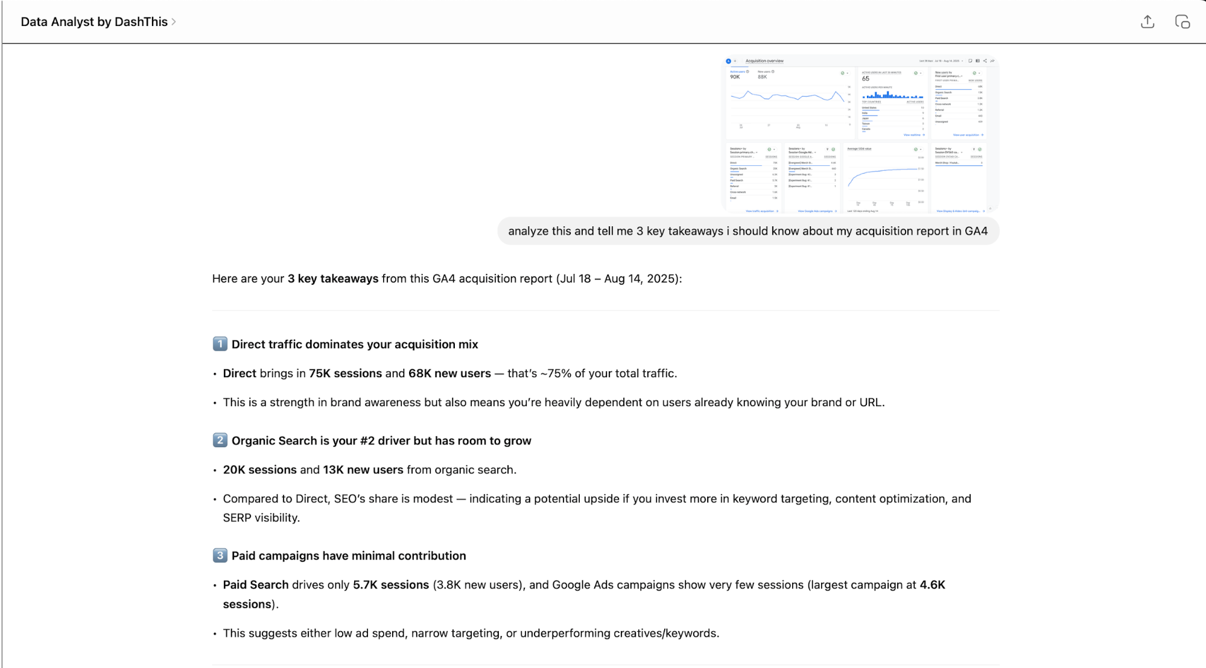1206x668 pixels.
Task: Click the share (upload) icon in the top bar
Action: point(1147,22)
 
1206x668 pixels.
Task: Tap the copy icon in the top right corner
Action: point(1182,22)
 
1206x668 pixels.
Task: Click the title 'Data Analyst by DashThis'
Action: point(94,22)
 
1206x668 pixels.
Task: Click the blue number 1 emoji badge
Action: point(220,344)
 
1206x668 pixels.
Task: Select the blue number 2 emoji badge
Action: point(220,441)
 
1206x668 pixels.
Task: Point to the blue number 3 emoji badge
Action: point(220,555)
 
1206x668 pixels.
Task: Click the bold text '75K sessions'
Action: point(345,374)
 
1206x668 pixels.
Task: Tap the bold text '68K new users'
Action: point(449,374)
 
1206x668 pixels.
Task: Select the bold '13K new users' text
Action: point(363,469)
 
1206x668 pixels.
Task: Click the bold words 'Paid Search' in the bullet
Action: point(256,585)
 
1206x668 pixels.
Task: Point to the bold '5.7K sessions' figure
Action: point(391,585)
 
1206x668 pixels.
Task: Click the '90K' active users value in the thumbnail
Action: point(735,77)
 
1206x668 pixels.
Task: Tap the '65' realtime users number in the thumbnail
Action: point(866,78)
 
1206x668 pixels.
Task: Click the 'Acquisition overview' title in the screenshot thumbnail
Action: point(764,61)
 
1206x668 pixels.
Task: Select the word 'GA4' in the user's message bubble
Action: point(976,231)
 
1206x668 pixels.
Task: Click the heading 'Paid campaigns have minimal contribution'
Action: point(349,556)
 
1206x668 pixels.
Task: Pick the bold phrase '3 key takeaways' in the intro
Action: point(333,279)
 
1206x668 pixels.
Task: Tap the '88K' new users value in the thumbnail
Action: point(763,77)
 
